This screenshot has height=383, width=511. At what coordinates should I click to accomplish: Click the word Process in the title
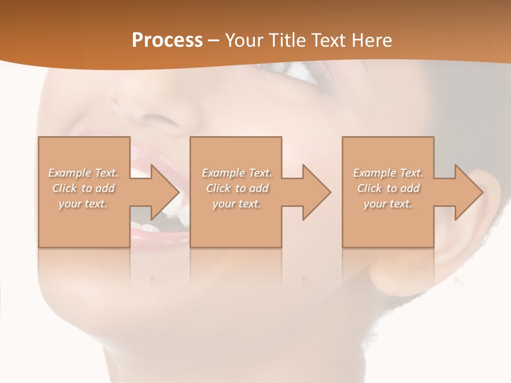[167, 40]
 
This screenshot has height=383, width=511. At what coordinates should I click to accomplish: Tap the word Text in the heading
[329, 40]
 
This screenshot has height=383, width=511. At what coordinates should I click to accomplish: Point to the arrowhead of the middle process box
[314, 192]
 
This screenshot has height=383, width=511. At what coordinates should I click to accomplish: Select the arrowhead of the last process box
[466, 192]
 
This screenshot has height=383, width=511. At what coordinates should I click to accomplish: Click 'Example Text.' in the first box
[84, 173]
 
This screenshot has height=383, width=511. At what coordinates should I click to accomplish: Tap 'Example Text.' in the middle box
[237, 173]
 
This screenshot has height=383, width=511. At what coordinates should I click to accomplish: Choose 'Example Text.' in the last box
[388, 173]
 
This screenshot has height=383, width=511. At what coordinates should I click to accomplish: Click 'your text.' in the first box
[83, 204]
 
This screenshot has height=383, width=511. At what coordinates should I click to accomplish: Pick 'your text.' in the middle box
[237, 204]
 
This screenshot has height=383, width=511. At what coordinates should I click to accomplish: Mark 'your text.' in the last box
[388, 204]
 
